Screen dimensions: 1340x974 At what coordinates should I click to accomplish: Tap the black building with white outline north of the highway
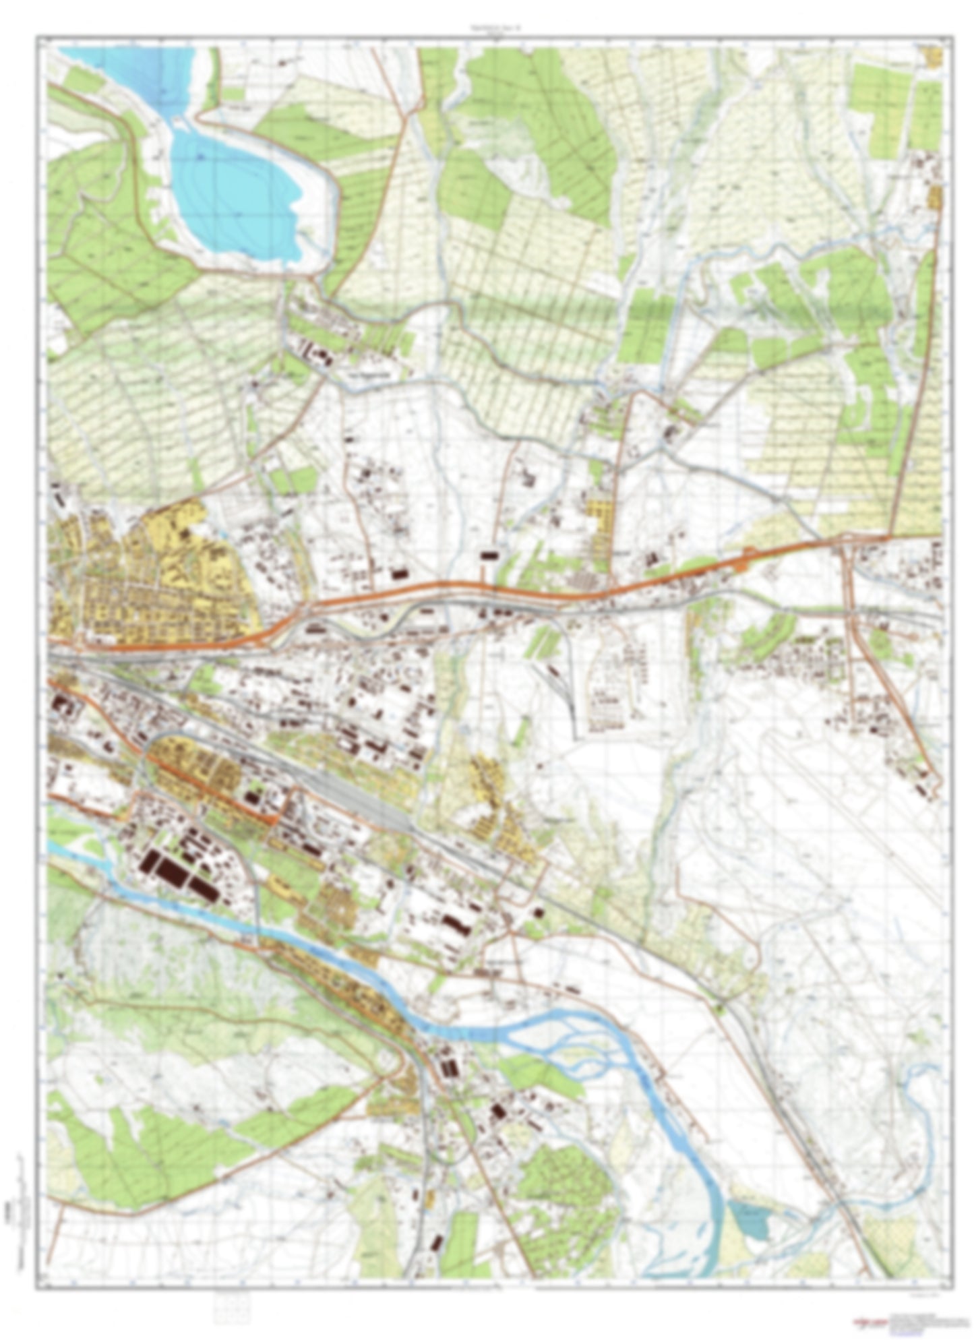pyautogui.click(x=491, y=555)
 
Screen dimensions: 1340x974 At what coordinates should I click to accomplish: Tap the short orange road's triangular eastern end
pyautogui.click(x=276, y=819)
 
